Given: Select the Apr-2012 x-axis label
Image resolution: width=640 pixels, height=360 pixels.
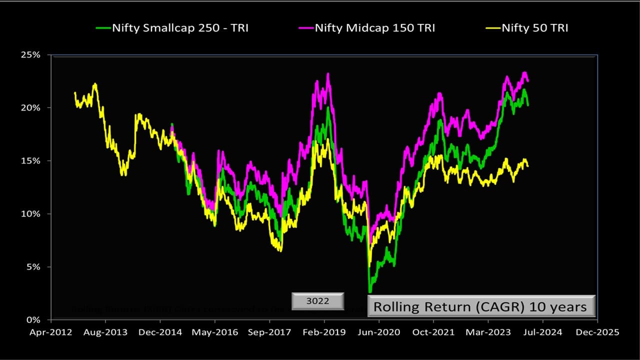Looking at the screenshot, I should (x=50, y=332).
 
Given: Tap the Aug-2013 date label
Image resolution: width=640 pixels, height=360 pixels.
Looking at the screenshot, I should (x=105, y=332).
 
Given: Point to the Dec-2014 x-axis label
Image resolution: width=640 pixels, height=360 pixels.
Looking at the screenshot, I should (x=160, y=332).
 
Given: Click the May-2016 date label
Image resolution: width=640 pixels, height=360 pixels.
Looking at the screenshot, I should (x=214, y=332).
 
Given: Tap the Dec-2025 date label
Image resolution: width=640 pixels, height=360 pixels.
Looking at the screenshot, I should (x=597, y=332).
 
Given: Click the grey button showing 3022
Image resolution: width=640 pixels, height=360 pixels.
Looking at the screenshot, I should (x=318, y=301).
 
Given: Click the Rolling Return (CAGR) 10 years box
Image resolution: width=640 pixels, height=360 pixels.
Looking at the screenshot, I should (x=481, y=306).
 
